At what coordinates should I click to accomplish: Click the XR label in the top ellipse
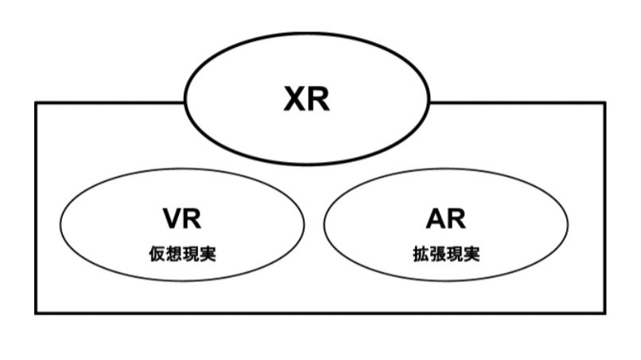click(306, 99)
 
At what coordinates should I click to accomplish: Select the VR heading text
click(183, 220)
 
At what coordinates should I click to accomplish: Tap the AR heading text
click(445, 220)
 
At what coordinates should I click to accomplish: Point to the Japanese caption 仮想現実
click(183, 255)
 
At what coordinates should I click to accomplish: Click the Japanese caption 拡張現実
click(445, 255)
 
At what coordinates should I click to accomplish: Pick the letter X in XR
click(295, 99)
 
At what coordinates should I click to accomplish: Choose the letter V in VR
click(172, 220)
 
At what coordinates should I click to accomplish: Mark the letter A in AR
click(433, 220)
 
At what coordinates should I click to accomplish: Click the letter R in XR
click(318, 99)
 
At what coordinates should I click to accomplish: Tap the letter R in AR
click(456, 220)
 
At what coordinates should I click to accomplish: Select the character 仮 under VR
click(156, 255)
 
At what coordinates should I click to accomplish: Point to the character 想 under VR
click(174, 255)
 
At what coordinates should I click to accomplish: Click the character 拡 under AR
click(418, 255)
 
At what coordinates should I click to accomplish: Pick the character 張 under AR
click(437, 255)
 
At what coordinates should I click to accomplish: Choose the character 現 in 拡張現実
click(455, 255)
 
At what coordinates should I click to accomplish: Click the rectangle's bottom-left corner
click(36, 312)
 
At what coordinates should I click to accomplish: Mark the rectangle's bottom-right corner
click(604, 312)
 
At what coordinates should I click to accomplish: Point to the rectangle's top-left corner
click(36, 103)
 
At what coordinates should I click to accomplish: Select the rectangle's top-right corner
click(604, 103)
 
